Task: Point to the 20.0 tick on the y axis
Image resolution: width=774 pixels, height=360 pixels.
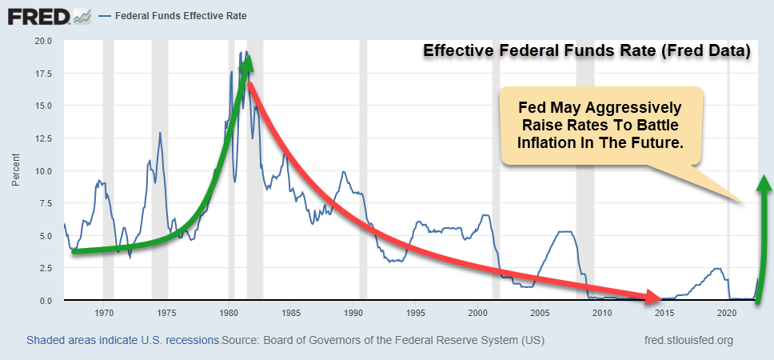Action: (x=42, y=41)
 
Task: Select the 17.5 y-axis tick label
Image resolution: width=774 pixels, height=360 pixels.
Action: (x=42, y=74)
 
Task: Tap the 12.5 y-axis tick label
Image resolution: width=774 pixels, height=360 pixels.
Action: (x=42, y=138)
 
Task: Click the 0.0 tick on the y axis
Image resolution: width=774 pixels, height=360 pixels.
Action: (x=45, y=301)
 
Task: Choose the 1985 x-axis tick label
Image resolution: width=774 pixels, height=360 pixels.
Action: (x=291, y=313)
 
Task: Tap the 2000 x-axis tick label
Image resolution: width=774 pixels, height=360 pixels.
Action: (x=478, y=313)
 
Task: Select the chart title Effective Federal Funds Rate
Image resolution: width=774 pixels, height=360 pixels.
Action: (x=585, y=52)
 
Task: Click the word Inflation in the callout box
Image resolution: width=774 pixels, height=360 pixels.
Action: (x=550, y=144)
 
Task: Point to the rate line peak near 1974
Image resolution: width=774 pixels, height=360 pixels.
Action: (x=160, y=133)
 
